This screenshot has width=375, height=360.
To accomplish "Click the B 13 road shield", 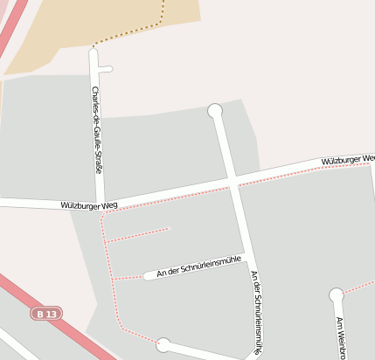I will (47, 313).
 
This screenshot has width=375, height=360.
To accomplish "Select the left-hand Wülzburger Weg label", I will (89, 205).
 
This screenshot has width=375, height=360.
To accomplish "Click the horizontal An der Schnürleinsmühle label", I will (198, 267).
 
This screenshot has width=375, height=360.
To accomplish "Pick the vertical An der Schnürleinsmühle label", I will (256, 311).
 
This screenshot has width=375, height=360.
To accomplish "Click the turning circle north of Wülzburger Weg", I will (215, 110).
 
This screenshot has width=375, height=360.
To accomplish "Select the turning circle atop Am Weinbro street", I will (337, 295).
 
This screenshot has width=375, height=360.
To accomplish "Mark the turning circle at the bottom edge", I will (163, 344).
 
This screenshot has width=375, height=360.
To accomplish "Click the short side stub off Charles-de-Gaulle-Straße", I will (106, 68).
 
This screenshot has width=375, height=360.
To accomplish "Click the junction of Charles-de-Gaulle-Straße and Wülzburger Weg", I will (101, 203).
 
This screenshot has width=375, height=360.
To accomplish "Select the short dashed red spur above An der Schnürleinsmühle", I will (137, 235).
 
